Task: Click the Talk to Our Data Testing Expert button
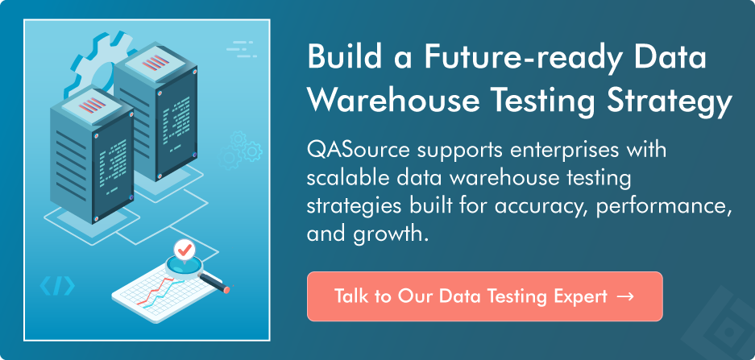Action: (x=484, y=296)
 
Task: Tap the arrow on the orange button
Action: (x=625, y=296)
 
